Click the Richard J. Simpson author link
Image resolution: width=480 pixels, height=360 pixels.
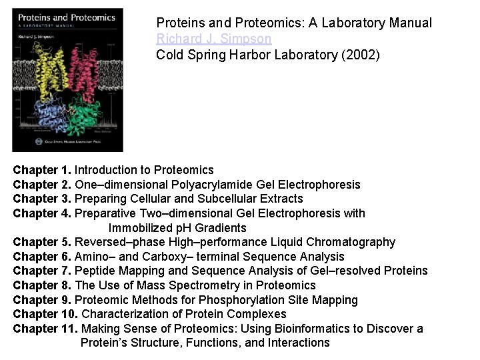[213, 39]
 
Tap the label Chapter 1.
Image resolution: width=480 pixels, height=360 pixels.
[42, 170]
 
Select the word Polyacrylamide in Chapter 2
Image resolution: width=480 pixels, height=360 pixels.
[197, 185]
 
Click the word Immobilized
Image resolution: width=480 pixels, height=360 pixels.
[139, 228]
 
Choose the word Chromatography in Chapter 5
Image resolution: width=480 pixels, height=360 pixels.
[350, 242]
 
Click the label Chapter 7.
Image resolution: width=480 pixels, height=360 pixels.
[42, 271]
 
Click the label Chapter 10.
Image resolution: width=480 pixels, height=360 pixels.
[45, 314]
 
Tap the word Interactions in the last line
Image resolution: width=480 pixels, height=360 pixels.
[299, 343]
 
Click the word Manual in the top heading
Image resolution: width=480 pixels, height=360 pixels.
[411, 23]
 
